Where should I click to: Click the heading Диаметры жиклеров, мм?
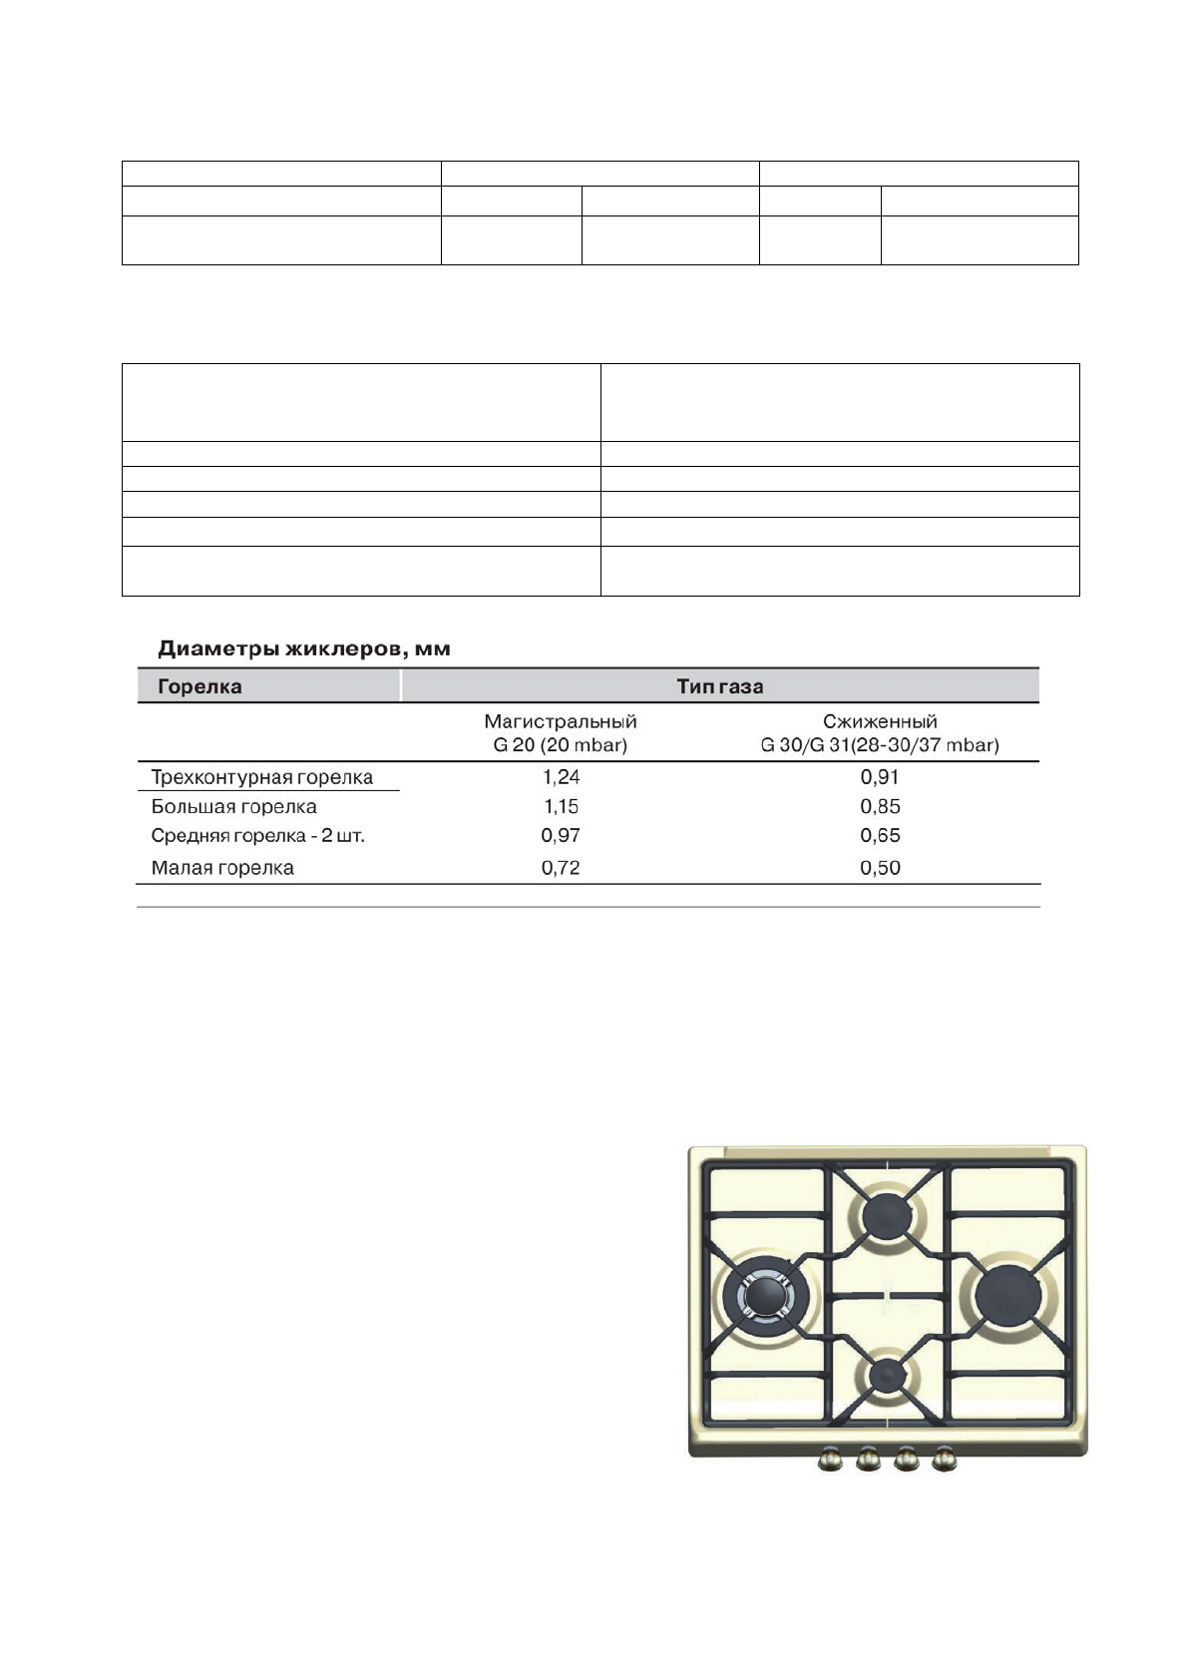click(304, 649)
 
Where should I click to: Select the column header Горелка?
click(199, 686)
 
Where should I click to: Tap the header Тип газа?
click(719, 686)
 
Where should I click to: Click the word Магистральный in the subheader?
click(560, 721)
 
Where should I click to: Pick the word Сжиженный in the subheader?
click(879, 721)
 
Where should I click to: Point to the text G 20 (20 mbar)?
click(560, 745)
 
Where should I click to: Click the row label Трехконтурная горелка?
click(261, 777)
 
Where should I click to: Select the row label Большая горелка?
click(233, 806)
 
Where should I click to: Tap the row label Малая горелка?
click(222, 868)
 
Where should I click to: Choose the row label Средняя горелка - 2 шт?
click(257, 836)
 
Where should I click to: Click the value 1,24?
click(561, 777)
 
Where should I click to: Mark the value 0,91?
click(880, 777)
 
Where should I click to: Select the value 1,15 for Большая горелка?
click(561, 806)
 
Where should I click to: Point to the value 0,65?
click(880, 836)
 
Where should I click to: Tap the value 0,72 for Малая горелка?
click(561, 868)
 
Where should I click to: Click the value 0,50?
click(880, 868)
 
